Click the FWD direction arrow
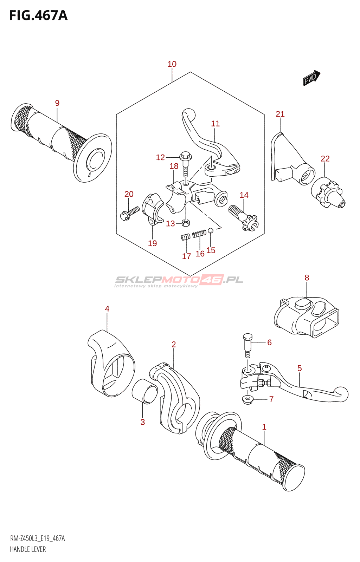[311, 78]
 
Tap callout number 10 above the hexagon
[172, 64]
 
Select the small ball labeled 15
[210, 230]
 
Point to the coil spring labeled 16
[200, 234]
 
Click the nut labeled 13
[186, 223]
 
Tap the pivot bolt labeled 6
[248, 345]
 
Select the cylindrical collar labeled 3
[145, 391]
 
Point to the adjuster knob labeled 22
[328, 192]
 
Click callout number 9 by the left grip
[57, 103]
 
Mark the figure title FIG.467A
[39, 15]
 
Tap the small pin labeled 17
[185, 237]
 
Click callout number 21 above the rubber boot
[280, 114]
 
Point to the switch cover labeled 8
[306, 316]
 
